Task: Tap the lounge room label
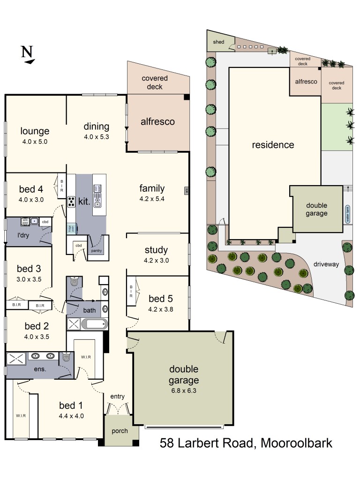pos(34,131)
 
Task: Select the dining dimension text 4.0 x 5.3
pos(96,137)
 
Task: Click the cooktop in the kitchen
pos(72,202)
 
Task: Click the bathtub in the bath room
pos(94,324)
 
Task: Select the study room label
pos(156,250)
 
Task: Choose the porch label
pos(120,431)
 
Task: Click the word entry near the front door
pos(117,397)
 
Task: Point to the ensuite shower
pos(17,359)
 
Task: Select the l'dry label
pos(23,235)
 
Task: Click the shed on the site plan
pos(218,42)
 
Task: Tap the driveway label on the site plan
pos(327,264)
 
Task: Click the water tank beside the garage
pos(347,214)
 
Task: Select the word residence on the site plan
pos(273,145)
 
